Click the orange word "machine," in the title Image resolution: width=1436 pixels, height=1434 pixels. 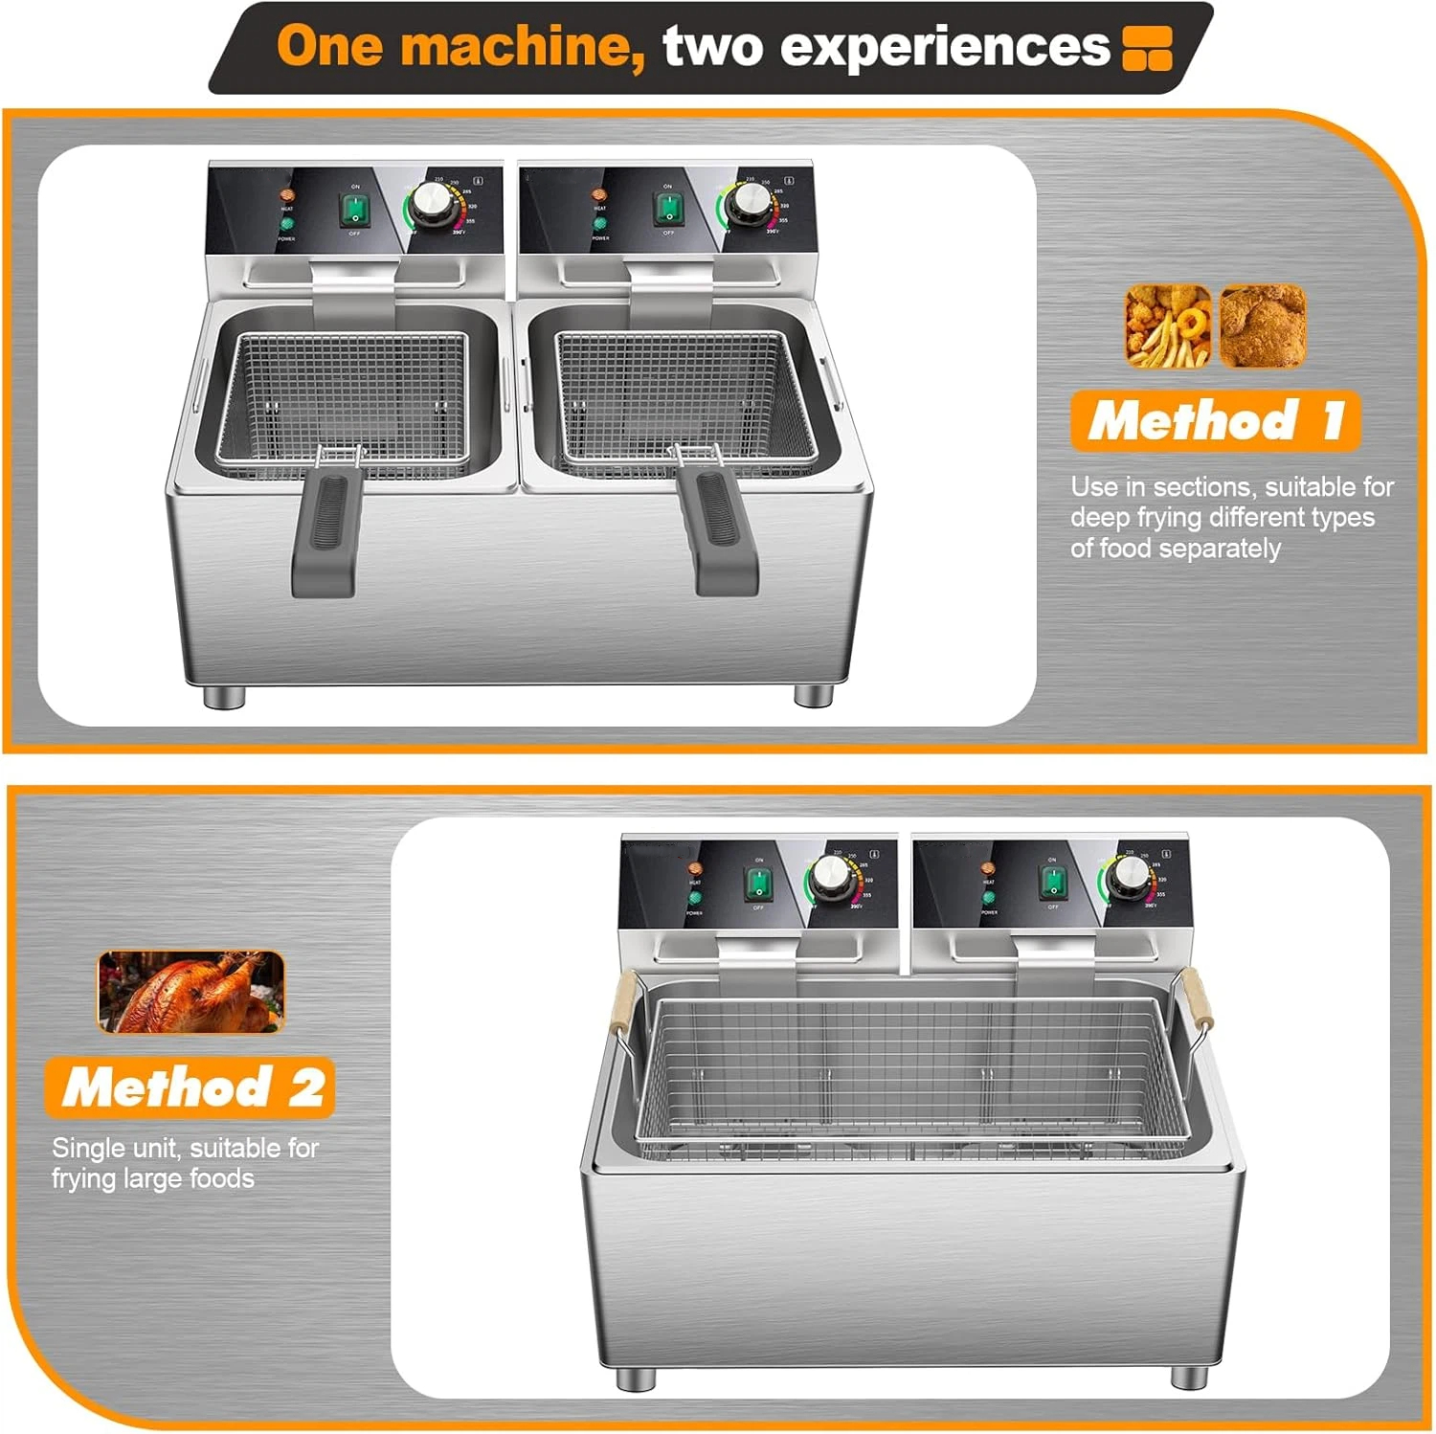[x=523, y=46]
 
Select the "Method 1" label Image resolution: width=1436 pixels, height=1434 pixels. [x=1215, y=420]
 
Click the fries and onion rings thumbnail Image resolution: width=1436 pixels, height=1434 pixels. [x=1168, y=326]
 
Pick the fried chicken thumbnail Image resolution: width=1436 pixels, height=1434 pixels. [x=1262, y=326]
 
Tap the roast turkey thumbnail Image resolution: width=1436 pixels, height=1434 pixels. [x=191, y=992]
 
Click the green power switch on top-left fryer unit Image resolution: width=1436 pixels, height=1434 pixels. [x=354, y=210]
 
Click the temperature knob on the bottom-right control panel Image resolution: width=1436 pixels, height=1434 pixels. [x=1130, y=875]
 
